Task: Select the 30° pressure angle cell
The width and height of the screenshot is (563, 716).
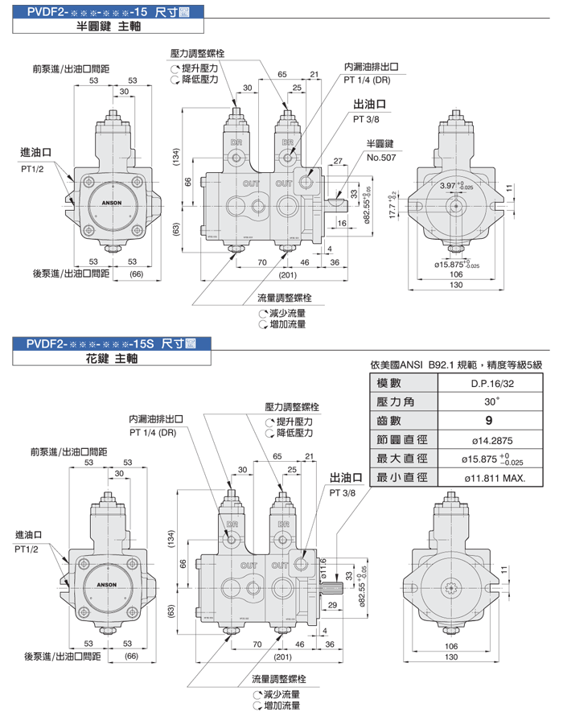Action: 493,401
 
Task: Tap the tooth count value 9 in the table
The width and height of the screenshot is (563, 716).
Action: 493,420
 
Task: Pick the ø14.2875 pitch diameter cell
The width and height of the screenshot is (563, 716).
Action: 493,439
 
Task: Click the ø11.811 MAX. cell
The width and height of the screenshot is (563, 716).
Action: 495,478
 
